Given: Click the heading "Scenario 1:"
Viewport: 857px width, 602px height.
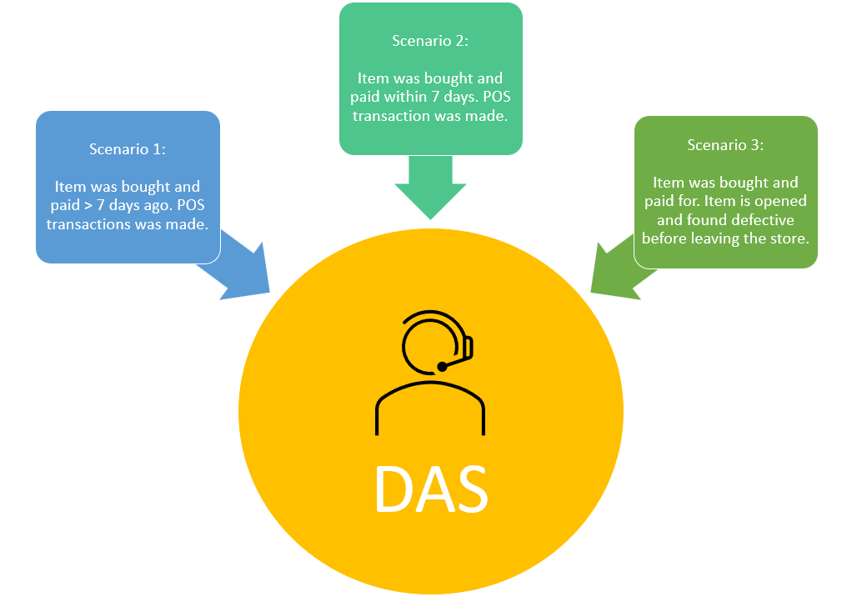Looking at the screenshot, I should (128, 149).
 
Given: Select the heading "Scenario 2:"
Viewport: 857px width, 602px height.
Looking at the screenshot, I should (430, 41).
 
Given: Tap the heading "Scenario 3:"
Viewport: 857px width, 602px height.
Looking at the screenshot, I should (725, 145).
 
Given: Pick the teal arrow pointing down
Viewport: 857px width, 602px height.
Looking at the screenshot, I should (430, 188).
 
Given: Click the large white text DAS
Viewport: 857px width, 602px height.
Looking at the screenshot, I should (430, 489).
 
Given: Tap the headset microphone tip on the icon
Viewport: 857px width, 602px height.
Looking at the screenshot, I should (442, 366).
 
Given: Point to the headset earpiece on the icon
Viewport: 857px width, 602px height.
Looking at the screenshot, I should (468, 347).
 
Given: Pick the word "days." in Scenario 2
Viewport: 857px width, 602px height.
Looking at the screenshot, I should (459, 97).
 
